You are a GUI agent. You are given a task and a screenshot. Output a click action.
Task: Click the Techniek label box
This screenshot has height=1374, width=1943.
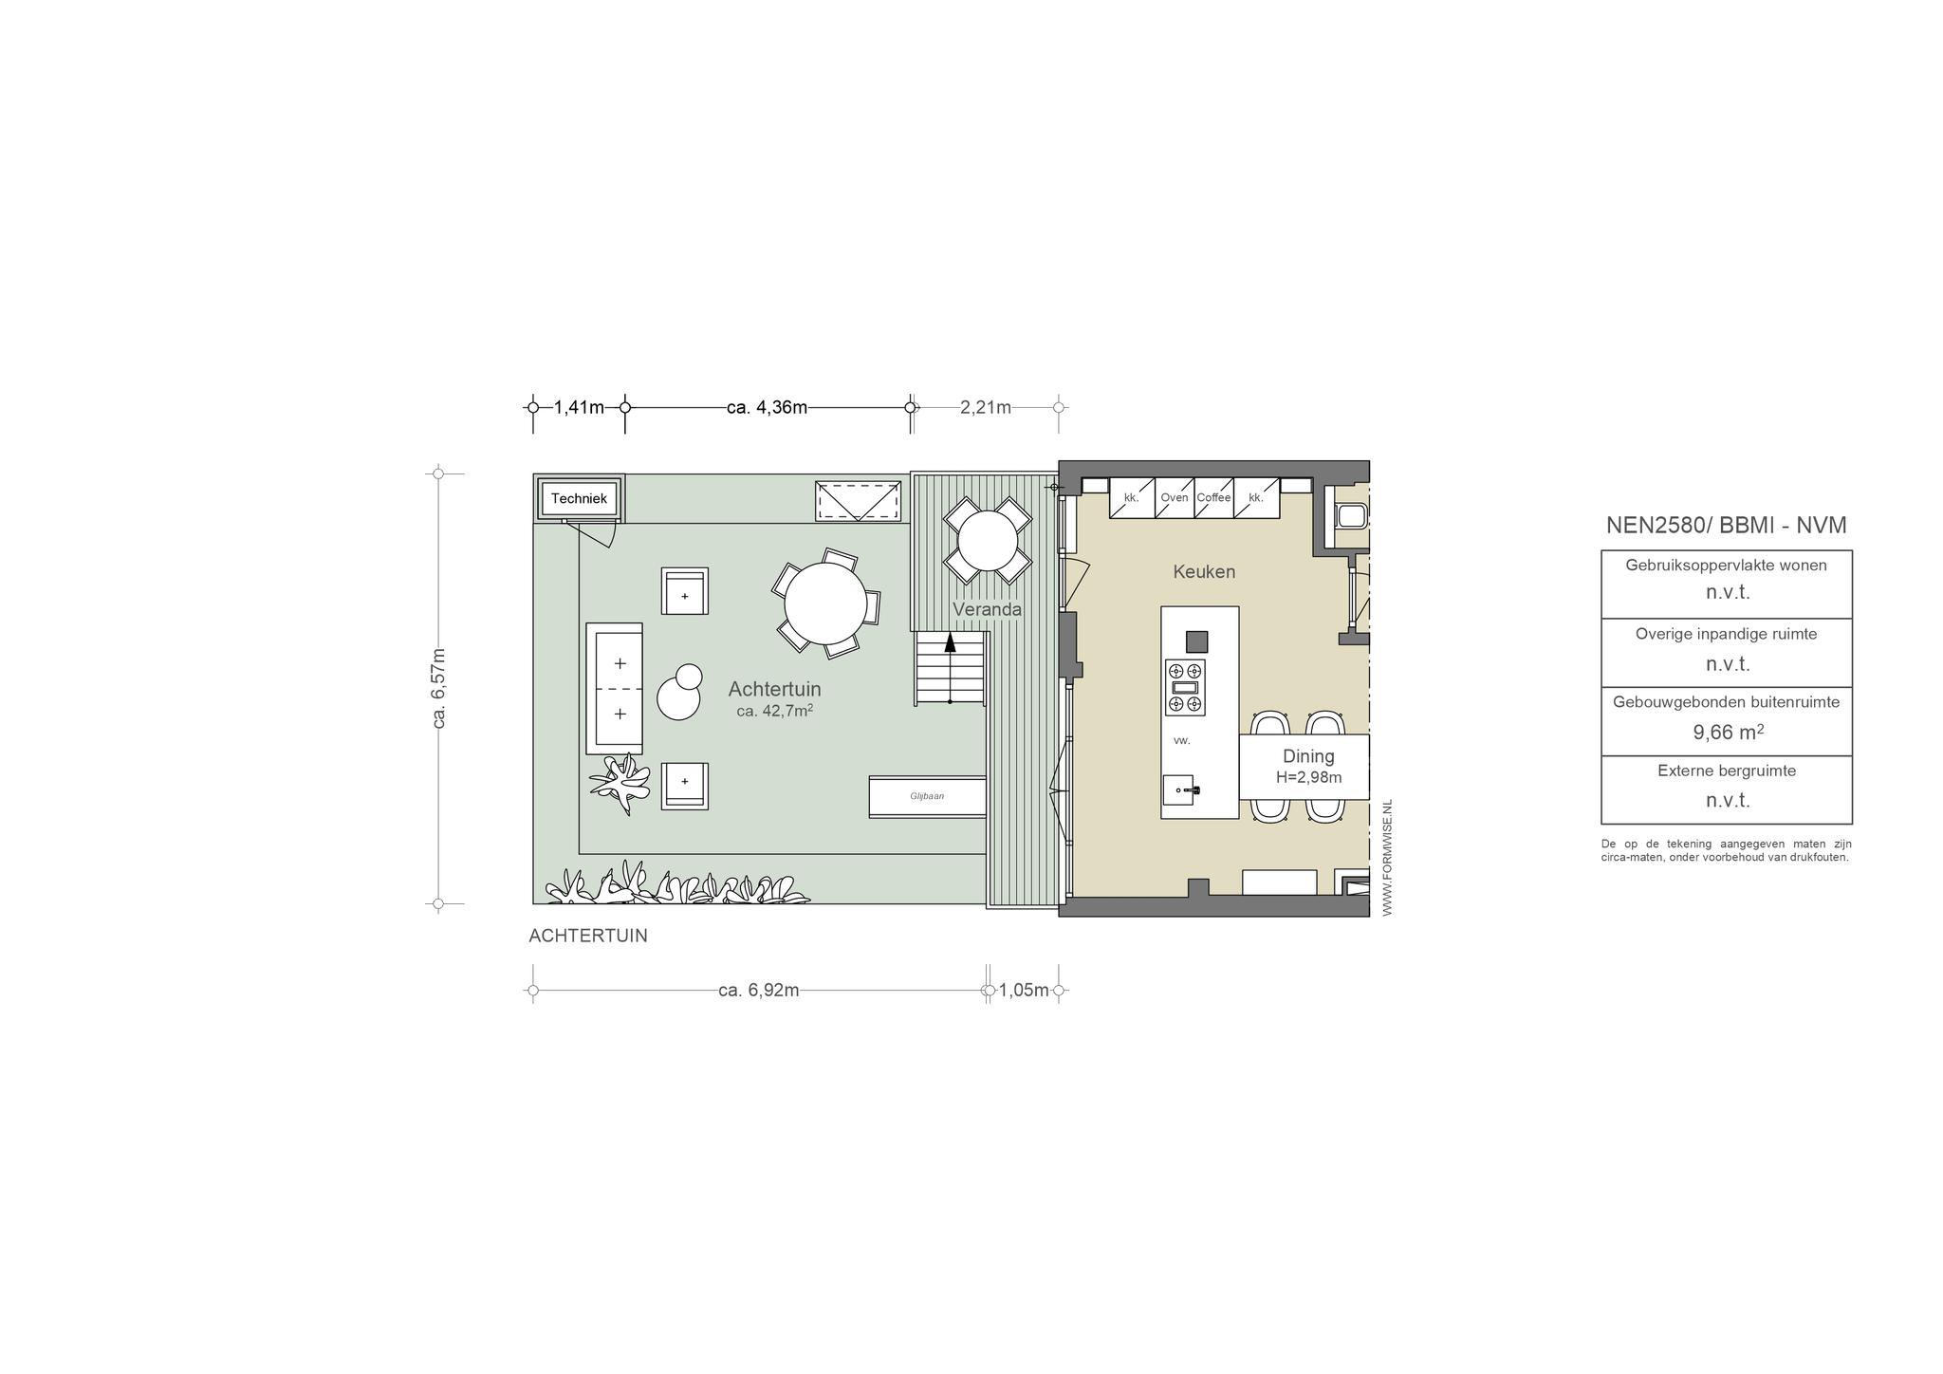click(x=579, y=498)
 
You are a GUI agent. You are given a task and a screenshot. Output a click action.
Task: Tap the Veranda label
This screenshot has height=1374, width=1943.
click(x=987, y=609)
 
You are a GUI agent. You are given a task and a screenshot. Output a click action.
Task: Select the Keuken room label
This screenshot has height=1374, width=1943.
click(x=1204, y=571)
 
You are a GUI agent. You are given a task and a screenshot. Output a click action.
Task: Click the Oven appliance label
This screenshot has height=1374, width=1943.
click(x=1174, y=497)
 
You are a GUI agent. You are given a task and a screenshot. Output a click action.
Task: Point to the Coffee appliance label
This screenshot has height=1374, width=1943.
click(x=1213, y=497)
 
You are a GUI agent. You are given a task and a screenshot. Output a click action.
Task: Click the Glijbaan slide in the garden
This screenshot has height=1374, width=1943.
click(x=927, y=797)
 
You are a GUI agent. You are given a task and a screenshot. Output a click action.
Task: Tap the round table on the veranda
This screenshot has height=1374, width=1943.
click(x=988, y=541)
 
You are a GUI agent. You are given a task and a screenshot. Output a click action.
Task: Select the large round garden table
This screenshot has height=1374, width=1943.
click(x=825, y=603)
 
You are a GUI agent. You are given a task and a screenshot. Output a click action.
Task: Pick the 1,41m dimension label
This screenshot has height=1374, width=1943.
click(x=579, y=407)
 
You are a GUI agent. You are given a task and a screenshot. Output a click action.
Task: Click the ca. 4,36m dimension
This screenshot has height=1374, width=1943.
click(x=767, y=407)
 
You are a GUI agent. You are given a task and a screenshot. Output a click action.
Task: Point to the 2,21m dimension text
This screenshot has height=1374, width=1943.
click(x=986, y=407)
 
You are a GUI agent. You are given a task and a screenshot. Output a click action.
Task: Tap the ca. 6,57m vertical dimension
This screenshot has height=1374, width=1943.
click(x=438, y=688)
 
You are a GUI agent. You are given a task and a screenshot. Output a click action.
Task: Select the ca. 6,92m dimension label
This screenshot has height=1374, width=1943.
click(x=758, y=990)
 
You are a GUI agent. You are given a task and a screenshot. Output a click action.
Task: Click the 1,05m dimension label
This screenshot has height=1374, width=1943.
click(x=1024, y=990)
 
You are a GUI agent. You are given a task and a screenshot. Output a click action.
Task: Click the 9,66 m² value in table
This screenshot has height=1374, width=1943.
click(x=1728, y=732)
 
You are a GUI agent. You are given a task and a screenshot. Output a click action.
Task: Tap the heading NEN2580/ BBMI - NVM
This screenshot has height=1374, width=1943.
click(x=1726, y=525)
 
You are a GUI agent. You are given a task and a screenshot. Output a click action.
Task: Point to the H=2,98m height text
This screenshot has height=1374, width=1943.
click(x=1308, y=777)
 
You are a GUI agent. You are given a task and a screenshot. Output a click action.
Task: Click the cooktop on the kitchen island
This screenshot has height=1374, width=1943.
click(x=1185, y=687)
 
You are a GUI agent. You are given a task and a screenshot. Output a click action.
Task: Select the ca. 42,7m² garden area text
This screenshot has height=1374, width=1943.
click(x=774, y=710)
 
